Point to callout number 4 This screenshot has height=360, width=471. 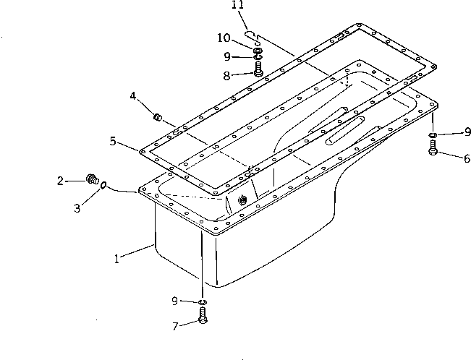(133, 96)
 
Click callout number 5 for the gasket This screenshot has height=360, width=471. (114, 142)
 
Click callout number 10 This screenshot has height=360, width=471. (224, 38)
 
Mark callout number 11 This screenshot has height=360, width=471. (237, 7)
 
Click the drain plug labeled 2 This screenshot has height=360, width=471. (92, 178)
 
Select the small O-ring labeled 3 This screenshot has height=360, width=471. (105, 187)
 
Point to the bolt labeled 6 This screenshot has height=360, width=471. (433, 149)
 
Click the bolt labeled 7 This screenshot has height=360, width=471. (203, 316)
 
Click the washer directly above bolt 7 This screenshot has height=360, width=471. (203, 301)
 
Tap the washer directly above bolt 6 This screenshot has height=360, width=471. (433, 134)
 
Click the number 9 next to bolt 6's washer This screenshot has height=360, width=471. (467, 132)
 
